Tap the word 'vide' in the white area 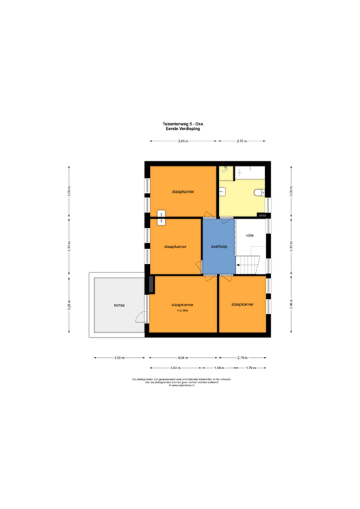(x=250, y=235)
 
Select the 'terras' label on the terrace (x=119, y=306)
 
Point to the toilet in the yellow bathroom (x=259, y=193)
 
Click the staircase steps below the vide (x=249, y=264)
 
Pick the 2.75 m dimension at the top (x=242, y=142)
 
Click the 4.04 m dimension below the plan (x=182, y=358)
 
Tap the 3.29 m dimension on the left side (x=68, y=306)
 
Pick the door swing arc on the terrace (x=140, y=317)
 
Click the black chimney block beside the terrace (x=152, y=284)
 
